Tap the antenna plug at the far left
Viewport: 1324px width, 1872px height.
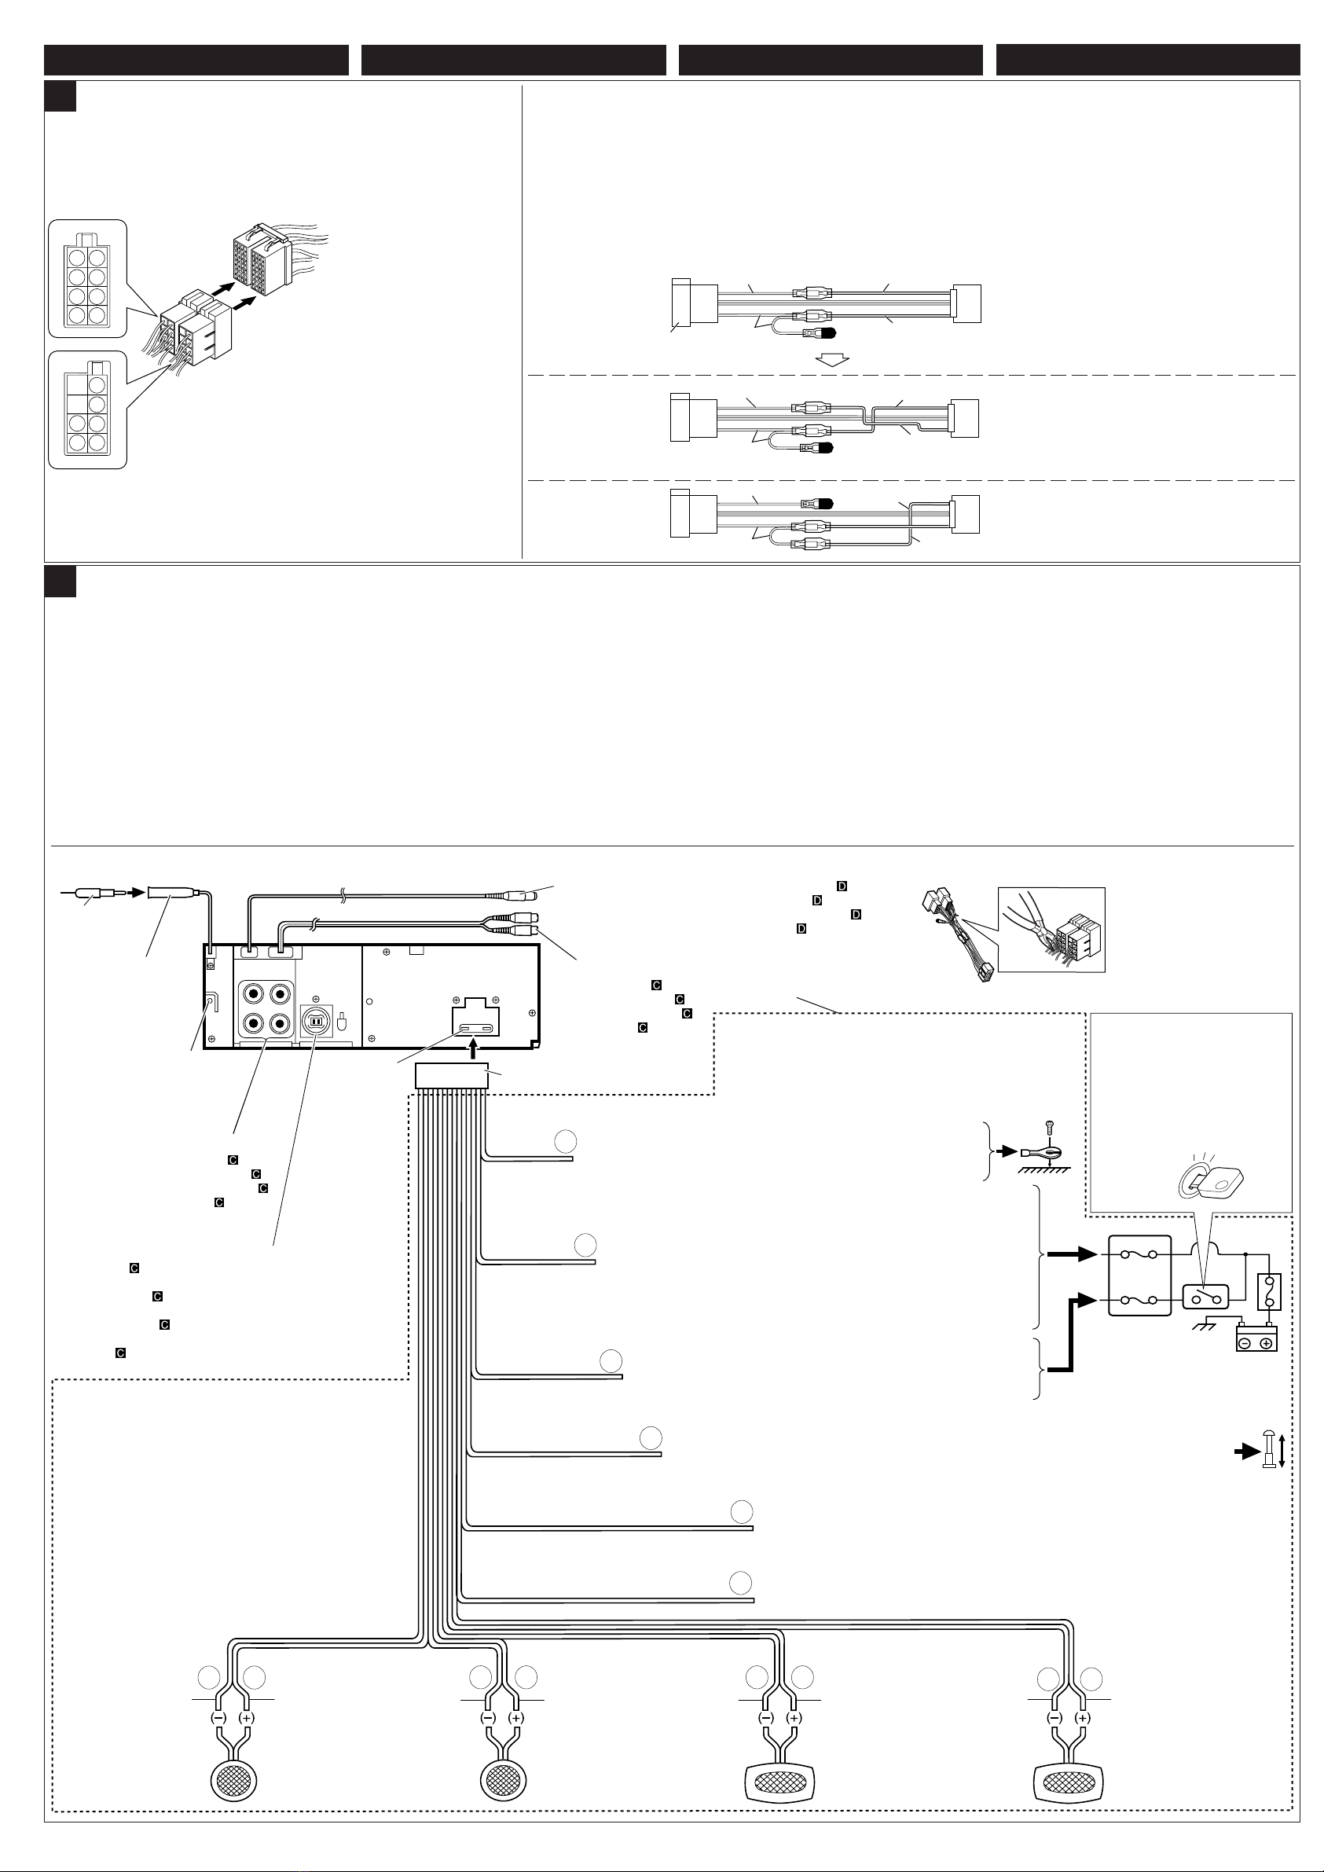click(x=94, y=894)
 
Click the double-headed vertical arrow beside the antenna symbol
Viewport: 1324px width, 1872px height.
click(x=1282, y=1452)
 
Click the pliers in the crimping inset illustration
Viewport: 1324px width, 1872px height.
click(x=1029, y=921)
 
